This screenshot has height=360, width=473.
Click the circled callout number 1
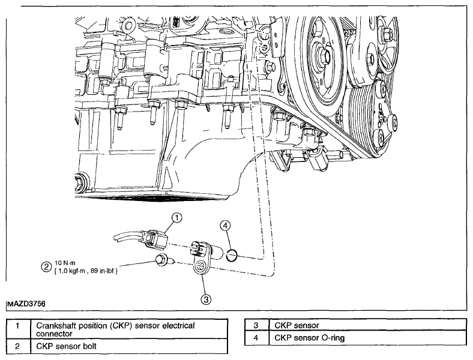tap(177, 218)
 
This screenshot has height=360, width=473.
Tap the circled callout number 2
tap(46, 267)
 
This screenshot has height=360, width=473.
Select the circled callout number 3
tap(206, 299)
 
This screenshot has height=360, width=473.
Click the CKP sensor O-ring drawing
tap(232, 256)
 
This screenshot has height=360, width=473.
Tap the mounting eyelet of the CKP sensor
tap(200, 267)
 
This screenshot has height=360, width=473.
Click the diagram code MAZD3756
tap(26, 304)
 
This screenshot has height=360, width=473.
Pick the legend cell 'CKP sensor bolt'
tap(129, 346)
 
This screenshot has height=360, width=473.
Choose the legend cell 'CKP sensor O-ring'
tap(367, 338)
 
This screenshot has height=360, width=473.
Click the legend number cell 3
tap(256, 325)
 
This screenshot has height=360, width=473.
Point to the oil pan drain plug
tap(80, 182)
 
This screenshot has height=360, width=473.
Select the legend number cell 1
tap(18, 329)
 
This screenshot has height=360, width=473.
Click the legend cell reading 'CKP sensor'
tap(367, 325)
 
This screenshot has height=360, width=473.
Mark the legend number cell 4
tap(256, 338)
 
